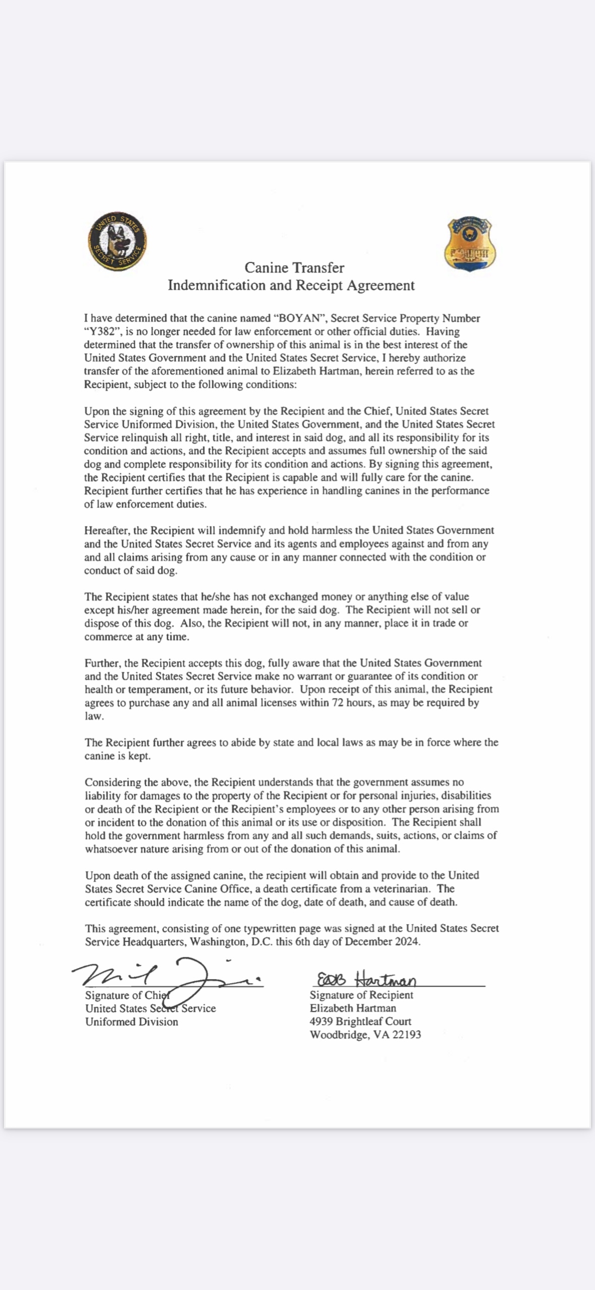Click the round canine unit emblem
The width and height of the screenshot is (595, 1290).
pyautogui.click(x=118, y=241)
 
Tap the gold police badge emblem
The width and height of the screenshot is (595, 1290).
pyautogui.click(x=470, y=244)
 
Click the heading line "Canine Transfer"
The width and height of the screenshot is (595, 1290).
pyautogui.click(x=294, y=267)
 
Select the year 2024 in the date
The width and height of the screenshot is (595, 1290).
pyautogui.click(x=406, y=941)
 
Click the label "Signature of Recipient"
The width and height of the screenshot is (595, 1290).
pyautogui.click(x=361, y=995)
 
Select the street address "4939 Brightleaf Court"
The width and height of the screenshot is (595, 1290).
pyautogui.click(x=360, y=1021)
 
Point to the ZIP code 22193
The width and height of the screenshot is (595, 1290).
pyautogui.click(x=406, y=1035)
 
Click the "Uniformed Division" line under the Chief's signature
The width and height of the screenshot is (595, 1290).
pyautogui.click(x=132, y=1022)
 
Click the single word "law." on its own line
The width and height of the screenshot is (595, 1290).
pyautogui.click(x=94, y=716)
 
